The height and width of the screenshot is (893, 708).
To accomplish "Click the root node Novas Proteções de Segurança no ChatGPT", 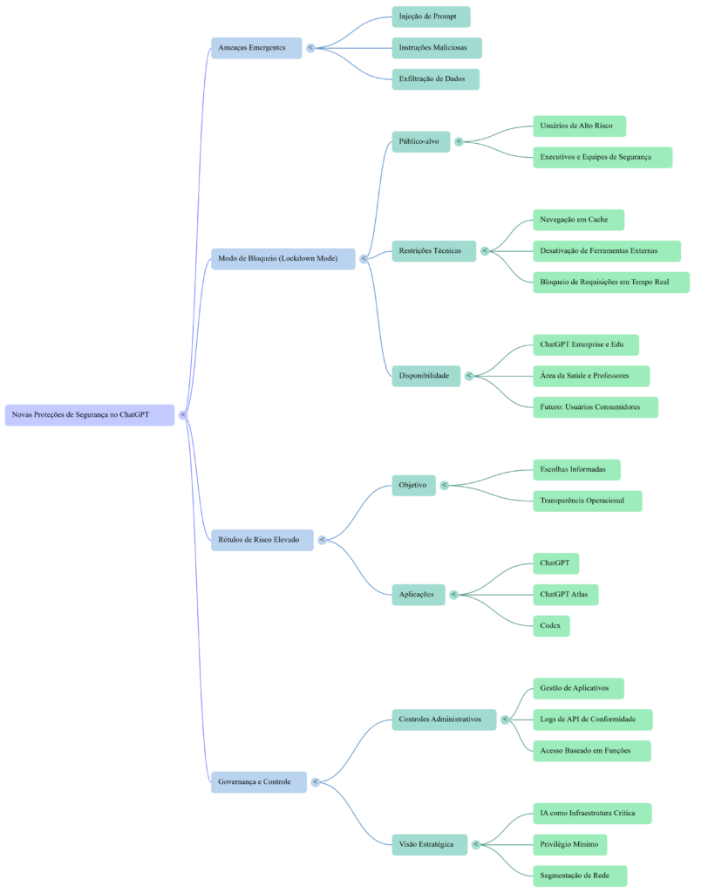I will tap(90, 415).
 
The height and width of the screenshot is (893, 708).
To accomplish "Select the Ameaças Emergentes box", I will tap(255, 47).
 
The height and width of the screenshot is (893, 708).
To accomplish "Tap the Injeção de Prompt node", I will tap(431, 17).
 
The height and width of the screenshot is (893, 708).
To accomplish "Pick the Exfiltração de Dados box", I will tap(435, 79).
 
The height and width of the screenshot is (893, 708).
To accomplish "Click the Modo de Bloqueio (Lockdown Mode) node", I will tap(283, 259).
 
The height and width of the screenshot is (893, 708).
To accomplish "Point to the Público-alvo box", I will tap(420, 141).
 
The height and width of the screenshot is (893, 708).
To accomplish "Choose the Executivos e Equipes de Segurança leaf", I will tap(602, 157).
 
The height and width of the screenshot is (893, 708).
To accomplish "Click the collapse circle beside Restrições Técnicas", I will tap(485, 251).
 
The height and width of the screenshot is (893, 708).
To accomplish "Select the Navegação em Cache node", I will tap(578, 220).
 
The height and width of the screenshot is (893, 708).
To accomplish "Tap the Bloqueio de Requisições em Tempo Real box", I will tap(610, 283).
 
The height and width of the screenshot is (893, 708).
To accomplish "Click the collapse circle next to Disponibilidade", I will tap(469, 376).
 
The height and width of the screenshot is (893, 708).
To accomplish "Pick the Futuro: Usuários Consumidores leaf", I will tap(595, 407).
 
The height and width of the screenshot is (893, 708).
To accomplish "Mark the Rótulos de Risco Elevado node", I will tap(262, 540).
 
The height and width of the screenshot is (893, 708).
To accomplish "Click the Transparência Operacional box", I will tap(587, 501).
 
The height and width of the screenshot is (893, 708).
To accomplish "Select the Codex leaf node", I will tap(551, 626).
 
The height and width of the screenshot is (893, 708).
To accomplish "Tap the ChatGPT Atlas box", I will tap(565, 595).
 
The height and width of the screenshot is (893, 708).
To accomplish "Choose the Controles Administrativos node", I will tap(443, 719).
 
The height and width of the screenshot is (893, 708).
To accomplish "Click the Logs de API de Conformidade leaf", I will tap(592, 719).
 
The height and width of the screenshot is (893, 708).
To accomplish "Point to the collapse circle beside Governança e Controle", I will tap(316, 782).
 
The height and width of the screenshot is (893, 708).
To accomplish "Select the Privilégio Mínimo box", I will tap(569, 844).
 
